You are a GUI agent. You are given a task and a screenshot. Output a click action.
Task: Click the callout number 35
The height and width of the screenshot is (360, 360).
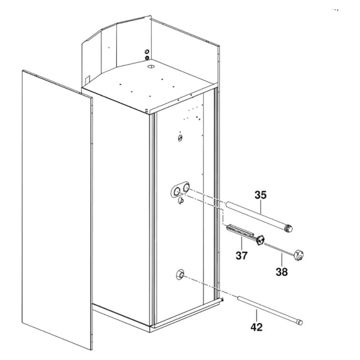tap(261, 195)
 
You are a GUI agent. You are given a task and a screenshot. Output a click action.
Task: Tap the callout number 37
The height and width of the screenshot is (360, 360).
tap(242, 256)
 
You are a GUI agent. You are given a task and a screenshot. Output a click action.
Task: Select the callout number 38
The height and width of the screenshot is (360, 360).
tap(282, 272)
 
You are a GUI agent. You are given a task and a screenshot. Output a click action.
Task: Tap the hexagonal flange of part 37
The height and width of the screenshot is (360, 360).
tap(260, 240)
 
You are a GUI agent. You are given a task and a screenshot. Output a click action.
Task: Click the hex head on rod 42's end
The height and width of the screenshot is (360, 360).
tap(299, 321)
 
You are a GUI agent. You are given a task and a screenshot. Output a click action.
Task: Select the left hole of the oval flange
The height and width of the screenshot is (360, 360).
tap(176, 191)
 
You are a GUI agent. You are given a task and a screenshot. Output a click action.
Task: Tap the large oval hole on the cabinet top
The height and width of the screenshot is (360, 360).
tap(151, 67)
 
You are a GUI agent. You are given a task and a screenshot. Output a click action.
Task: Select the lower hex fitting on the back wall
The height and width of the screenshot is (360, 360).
tap(147, 58)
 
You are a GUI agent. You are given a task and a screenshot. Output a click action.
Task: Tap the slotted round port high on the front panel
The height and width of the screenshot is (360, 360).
tap(180, 138)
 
